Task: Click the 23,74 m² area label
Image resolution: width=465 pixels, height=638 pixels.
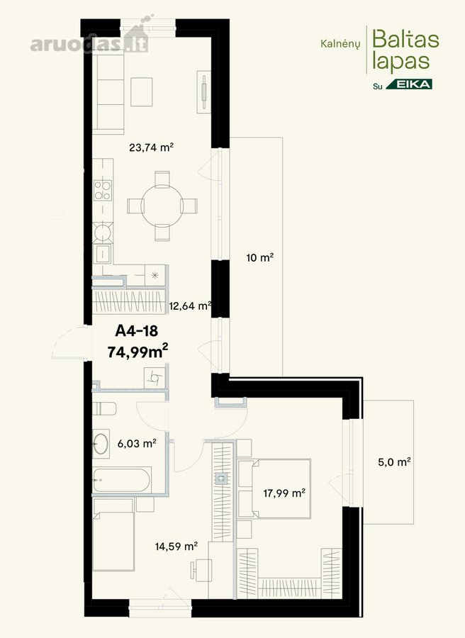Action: coord(152,147)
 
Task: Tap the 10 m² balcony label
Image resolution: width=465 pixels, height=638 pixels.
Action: coord(259,257)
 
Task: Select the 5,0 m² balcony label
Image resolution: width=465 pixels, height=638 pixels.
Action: coord(394,462)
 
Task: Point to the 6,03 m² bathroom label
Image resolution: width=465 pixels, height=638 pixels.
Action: coord(137,444)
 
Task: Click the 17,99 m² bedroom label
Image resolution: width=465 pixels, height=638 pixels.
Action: coord(284,493)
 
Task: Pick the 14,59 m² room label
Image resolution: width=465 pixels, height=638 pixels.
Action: coord(177,546)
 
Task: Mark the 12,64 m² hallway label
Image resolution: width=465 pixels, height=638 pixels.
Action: coord(190,306)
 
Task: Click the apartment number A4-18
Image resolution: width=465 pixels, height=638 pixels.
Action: coord(136,331)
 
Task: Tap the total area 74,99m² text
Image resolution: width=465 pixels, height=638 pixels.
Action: coord(138,352)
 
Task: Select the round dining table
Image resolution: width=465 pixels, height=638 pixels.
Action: coord(162,206)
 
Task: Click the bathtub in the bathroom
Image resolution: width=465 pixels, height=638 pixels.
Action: coord(122,480)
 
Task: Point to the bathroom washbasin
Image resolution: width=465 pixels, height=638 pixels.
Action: coord(101,444)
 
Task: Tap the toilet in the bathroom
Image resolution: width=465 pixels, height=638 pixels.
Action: coord(104,408)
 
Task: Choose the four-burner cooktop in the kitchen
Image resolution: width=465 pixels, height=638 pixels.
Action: coord(103,191)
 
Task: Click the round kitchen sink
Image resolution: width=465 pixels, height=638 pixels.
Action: coord(103,233)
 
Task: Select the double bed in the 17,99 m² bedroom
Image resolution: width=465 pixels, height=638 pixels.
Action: coord(274,488)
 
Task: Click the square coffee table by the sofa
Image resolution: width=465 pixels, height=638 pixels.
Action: coord(142,92)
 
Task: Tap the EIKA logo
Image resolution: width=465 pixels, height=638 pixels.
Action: coord(409,84)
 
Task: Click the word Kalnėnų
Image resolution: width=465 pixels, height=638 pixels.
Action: coord(340,43)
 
